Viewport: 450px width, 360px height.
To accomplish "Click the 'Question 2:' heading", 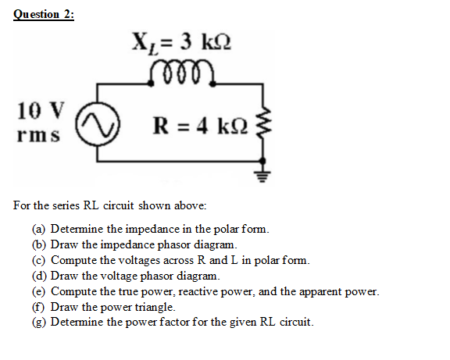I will (x=44, y=14).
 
